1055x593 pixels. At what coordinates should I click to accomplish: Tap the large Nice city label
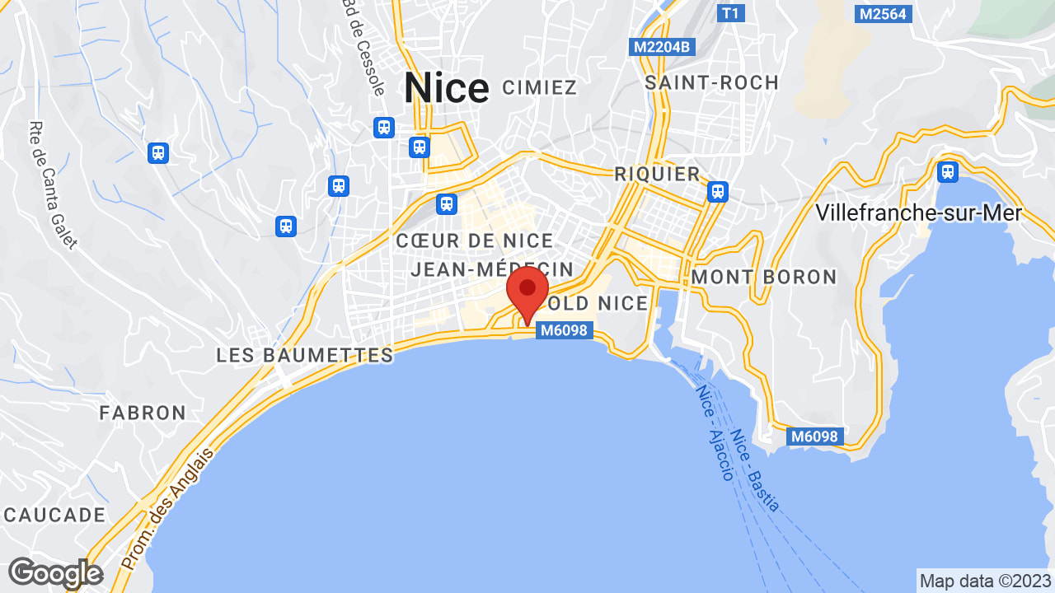[446, 88]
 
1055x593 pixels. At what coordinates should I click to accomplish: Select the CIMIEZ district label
[539, 87]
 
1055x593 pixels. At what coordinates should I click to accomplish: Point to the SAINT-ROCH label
[711, 82]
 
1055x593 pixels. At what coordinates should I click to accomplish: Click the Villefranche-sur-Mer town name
[918, 212]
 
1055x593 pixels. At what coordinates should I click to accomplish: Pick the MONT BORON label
[763, 277]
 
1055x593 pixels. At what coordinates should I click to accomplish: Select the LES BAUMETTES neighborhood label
[305, 355]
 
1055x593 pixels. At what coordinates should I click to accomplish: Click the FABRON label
[143, 413]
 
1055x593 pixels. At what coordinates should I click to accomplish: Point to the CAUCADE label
[54, 515]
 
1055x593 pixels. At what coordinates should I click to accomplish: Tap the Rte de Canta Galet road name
[52, 185]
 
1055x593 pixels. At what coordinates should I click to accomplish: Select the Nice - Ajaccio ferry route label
[715, 433]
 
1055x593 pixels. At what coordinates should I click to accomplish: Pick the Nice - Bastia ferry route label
[754, 470]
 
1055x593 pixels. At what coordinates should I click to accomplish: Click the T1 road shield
[729, 13]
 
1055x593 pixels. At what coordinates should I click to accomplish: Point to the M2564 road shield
[884, 13]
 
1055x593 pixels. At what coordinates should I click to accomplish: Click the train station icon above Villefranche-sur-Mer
[948, 171]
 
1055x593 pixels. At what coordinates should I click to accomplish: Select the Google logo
[55, 573]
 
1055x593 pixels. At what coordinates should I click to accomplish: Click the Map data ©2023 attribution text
[985, 581]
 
